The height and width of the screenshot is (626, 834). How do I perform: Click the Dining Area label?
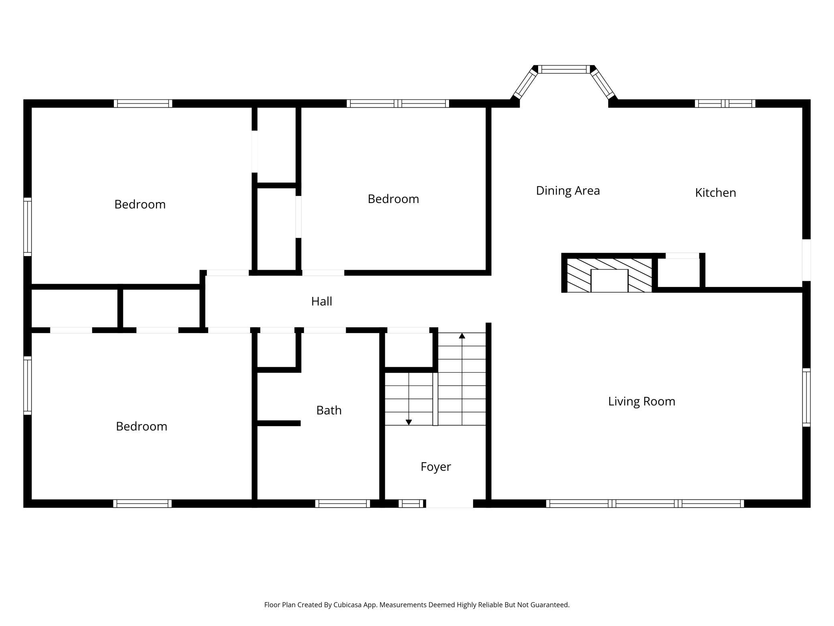pyautogui.click(x=568, y=191)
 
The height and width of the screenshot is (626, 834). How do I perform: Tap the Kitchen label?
pyautogui.click(x=715, y=193)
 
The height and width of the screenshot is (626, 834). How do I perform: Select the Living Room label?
pyautogui.click(x=642, y=401)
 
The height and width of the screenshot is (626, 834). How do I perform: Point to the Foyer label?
pyautogui.click(x=436, y=467)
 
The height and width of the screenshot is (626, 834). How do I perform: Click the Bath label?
pyautogui.click(x=329, y=410)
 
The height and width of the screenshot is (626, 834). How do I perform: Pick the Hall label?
pyautogui.click(x=322, y=301)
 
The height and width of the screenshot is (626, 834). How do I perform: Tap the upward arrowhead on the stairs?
pyautogui.click(x=462, y=335)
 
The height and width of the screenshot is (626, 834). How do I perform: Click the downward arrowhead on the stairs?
pyautogui.click(x=409, y=422)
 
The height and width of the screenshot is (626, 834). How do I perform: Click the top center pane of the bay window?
pyautogui.click(x=564, y=69)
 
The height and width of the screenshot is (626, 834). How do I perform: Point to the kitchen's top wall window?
pyautogui.click(x=725, y=104)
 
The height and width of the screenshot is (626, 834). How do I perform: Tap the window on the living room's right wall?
pyautogui.click(x=806, y=397)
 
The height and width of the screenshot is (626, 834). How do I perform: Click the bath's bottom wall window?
pyautogui.click(x=342, y=504)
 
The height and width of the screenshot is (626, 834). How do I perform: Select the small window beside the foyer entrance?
pyautogui.click(x=411, y=504)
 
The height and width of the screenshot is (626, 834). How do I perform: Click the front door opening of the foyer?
pyautogui.click(x=449, y=504)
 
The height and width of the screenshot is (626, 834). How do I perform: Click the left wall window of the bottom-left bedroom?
pyautogui.click(x=27, y=385)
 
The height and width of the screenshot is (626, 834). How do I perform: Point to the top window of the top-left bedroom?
pyautogui.click(x=143, y=104)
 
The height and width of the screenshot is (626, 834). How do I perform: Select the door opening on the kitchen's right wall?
pyautogui.click(x=806, y=260)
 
